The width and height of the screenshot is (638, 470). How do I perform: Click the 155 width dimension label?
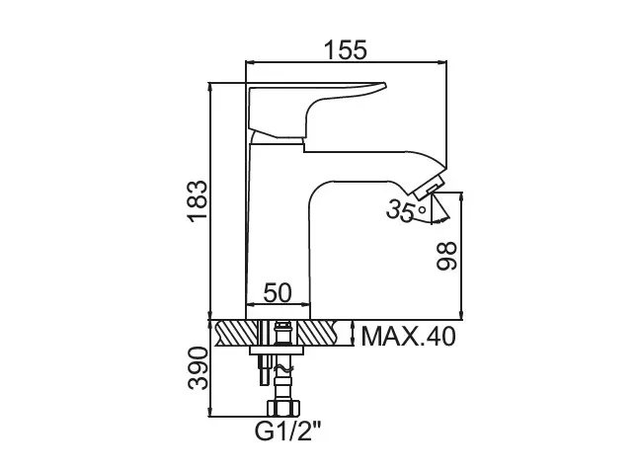(x=346, y=49)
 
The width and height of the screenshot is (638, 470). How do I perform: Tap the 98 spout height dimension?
(x=446, y=256)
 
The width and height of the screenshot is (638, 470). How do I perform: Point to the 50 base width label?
(x=278, y=292)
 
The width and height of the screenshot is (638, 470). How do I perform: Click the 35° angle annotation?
(x=407, y=210)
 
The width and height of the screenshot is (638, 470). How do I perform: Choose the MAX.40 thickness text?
(x=408, y=337)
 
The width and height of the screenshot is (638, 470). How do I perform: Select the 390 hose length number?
(x=199, y=368)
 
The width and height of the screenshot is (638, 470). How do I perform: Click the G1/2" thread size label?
(x=288, y=431)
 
